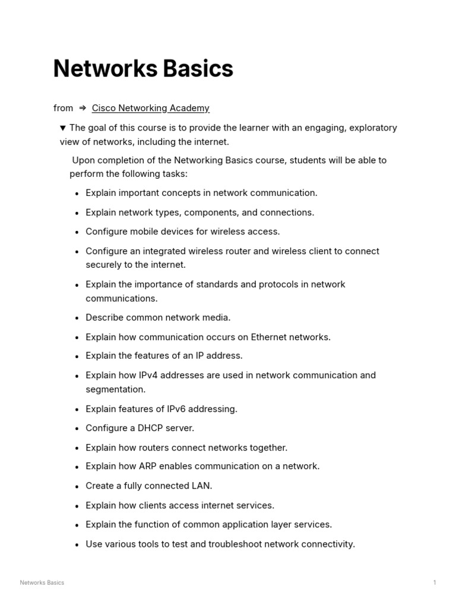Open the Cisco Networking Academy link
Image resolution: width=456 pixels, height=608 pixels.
click(x=150, y=108)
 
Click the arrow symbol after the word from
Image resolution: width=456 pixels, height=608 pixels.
click(x=83, y=108)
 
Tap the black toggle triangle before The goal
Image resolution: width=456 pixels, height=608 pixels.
click(x=63, y=128)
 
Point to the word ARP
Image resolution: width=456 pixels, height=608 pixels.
click(x=149, y=466)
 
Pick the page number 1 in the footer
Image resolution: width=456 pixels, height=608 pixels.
click(x=435, y=582)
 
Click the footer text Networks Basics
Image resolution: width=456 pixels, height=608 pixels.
click(x=42, y=582)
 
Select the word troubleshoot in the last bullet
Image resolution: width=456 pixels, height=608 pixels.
click(x=235, y=544)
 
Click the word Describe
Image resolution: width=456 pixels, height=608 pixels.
click(x=103, y=318)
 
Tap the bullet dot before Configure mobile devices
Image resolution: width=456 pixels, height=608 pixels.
click(x=77, y=232)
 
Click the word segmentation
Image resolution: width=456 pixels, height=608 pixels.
click(x=115, y=389)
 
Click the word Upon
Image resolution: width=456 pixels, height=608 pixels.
click(x=84, y=160)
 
